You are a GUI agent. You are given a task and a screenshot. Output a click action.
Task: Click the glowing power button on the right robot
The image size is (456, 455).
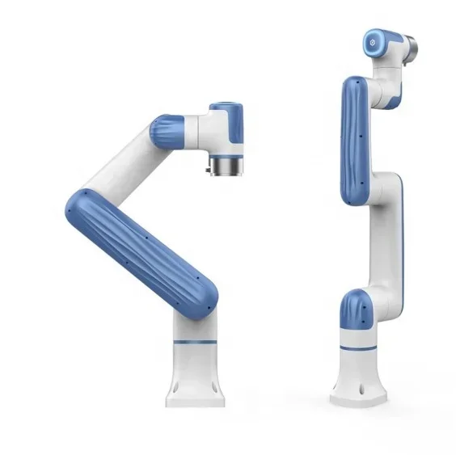coord(372,38)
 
